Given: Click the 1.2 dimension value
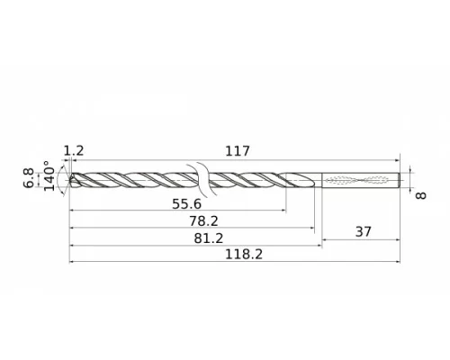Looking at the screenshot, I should coord(74,151).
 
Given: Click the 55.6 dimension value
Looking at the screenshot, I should coord(186,204).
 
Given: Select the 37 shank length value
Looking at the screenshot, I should coord(364,232).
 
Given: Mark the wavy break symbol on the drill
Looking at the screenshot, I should coord(202,179).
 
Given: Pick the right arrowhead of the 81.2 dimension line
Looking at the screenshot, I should coord(320,246).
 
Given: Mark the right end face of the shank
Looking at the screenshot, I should coord(399,180).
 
